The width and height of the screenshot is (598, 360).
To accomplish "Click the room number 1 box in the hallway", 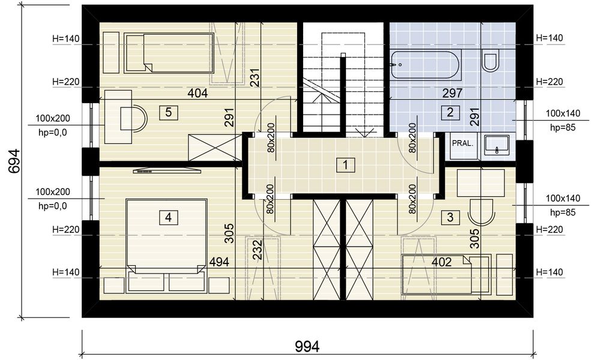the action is (x=345, y=165).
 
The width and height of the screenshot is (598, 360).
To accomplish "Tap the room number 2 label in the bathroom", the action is (x=450, y=112).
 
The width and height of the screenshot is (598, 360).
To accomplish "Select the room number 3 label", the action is (x=450, y=218).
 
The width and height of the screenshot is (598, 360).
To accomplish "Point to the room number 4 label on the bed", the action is (x=168, y=218).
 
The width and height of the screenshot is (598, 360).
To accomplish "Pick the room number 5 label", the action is (x=168, y=112).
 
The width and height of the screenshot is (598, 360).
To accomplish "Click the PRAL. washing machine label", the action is (x=463, y=143).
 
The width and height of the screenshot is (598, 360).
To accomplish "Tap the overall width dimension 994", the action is (x=307, y=347).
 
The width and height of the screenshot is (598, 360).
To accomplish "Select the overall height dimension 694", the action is (x=14, y=161).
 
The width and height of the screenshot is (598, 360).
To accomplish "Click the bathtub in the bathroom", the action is (x=426, y=65).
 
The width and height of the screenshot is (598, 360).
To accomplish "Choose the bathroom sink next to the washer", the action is (x=496, y=145).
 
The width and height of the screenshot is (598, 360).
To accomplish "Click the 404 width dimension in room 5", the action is (x=198, y=93).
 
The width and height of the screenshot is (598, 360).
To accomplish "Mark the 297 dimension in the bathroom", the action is (x=452, y=93).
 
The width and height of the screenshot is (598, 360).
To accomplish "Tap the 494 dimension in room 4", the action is (x=219, y=262).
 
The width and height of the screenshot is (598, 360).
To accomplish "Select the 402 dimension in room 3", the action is (x=442, y=262).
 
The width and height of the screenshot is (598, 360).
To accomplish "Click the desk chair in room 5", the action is (x=133, y=118).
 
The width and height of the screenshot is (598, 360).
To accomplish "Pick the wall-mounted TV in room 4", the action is (x=167, y=170).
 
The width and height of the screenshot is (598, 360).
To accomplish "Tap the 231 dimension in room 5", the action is (x=255, y=78).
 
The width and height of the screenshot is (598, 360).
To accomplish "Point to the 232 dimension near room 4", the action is (x=258, y=250).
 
